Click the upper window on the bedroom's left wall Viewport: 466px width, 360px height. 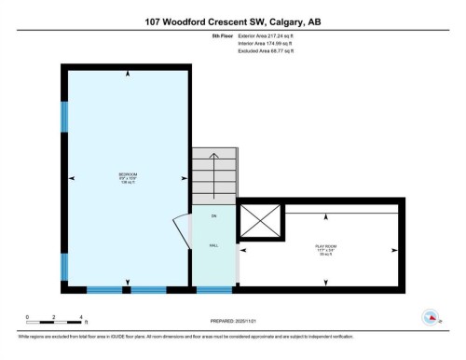(65, 118)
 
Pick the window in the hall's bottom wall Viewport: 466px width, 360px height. (213, 290)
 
